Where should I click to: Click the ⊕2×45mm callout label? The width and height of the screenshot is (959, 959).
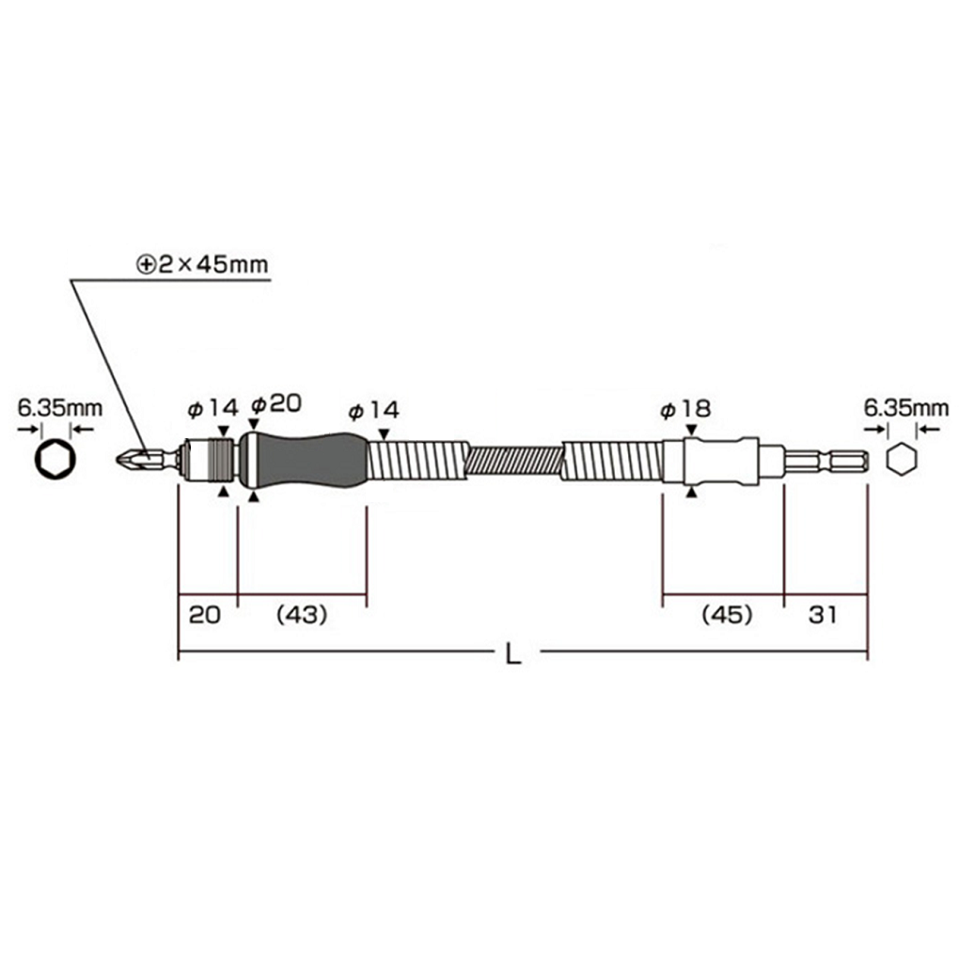(x=202, y=265)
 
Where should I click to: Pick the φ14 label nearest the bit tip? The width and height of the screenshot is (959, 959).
(x=213, y=409)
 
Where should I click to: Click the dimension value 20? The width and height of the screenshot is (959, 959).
(x=205, y=615)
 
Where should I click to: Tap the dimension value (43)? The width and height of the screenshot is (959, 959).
(x=301, y=615)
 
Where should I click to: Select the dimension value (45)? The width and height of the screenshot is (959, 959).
(x=727, y=615)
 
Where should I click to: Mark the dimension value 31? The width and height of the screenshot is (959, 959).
(x=822, y=615)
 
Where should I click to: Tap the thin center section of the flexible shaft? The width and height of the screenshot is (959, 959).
(x=514, y=461)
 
